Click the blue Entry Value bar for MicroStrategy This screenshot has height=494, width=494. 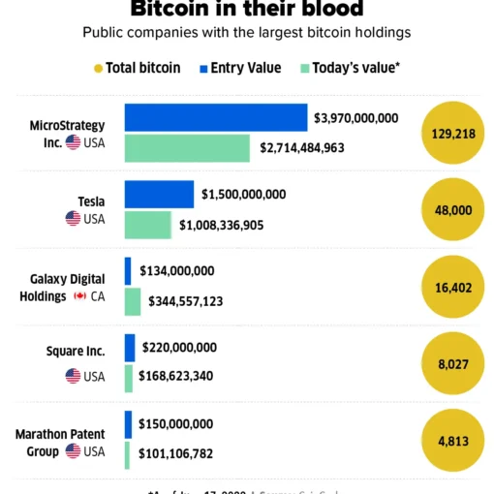[x=215, y=117]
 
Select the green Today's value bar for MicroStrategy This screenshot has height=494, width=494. [x=187, y=148]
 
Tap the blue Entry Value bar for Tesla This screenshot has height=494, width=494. [x=159, y=194]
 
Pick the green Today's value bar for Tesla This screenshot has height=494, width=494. [x=147, y=225]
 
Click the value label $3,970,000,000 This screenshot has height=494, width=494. [x=355, y=118]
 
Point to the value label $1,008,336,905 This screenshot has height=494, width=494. [x=234, y=226]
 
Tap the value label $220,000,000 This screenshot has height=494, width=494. [x=179, y=347]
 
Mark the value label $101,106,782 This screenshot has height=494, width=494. [x=176, y=453]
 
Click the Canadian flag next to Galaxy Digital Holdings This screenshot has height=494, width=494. [x=79, y=296]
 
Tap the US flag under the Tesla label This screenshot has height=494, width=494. [x=73, y=219]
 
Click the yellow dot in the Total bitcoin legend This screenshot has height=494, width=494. [x=98, y=68]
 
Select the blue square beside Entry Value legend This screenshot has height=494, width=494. [x=203, y=68]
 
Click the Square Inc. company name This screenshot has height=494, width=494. [x=76, y=351]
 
